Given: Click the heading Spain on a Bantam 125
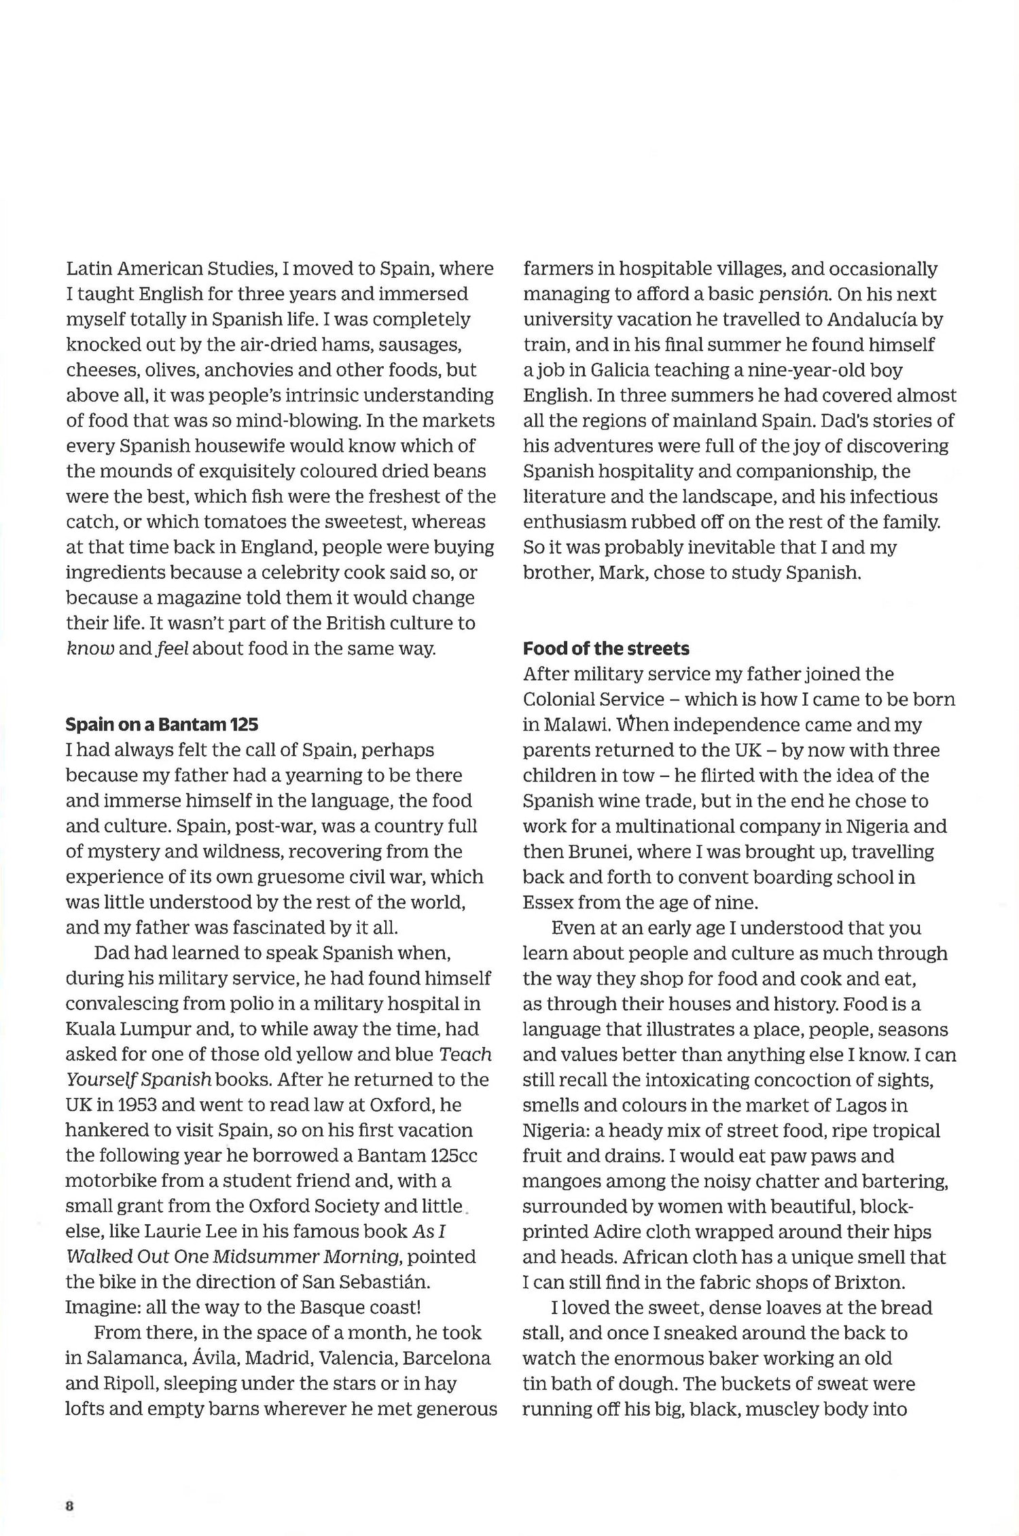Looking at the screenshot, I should (x=162, y=725).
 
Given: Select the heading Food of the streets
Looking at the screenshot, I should (x=606, y=649).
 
